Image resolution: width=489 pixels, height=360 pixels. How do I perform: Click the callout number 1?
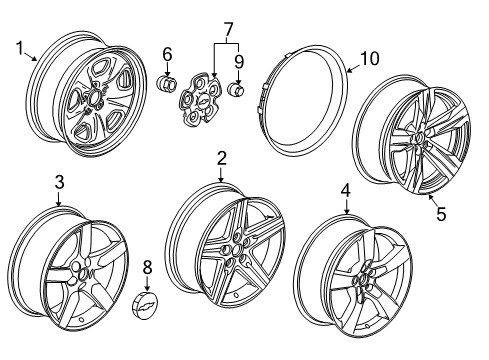19,47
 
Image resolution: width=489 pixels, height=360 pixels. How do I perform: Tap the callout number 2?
222,158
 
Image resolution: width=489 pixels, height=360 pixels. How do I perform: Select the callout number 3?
59,182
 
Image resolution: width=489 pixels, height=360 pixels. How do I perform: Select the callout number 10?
369,60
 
